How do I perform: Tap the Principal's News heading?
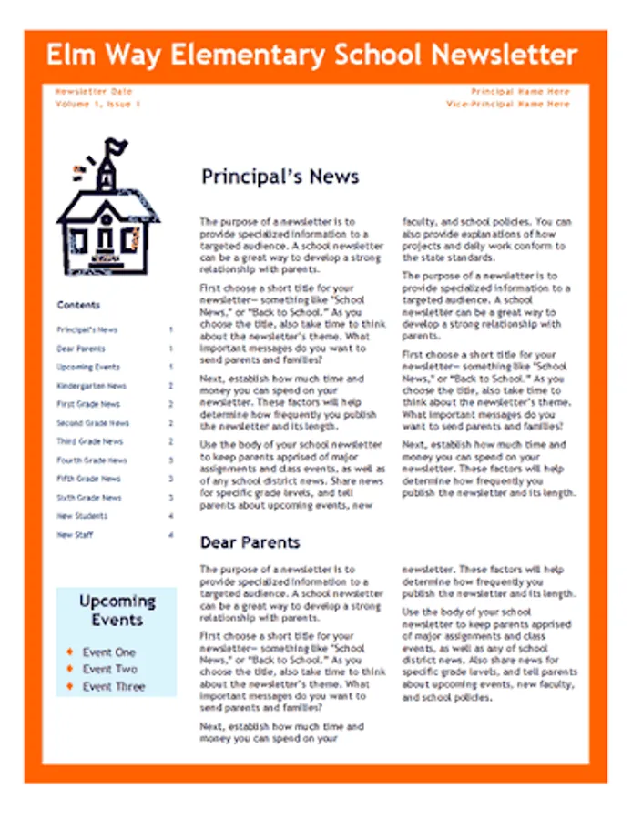(x=280, y=177)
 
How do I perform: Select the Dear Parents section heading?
(x=250, y=542)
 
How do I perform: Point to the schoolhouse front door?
(x=107, y=239)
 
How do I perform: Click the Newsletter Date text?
(x=93, y=92)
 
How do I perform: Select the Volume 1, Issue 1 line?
(x=97, y=105)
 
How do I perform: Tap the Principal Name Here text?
(x=520, y=92)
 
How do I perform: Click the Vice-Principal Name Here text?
(x=507, y=105)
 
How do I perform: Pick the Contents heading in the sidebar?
(x=78, y=305)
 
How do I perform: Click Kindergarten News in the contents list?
(x=91, y=386)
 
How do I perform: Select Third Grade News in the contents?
(x=89, y=441)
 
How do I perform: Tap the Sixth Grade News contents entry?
(x=88, y=498)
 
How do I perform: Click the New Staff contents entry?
(x=75, y=535)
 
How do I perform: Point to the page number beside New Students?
(x=170, y=516)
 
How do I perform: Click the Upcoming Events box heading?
(x=117, y=611)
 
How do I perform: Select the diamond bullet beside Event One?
(x=69, y=652)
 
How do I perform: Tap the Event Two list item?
(x=109, y=669)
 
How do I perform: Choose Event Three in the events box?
(x=113, y=686)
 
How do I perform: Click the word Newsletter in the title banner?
(x=504, y=55)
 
